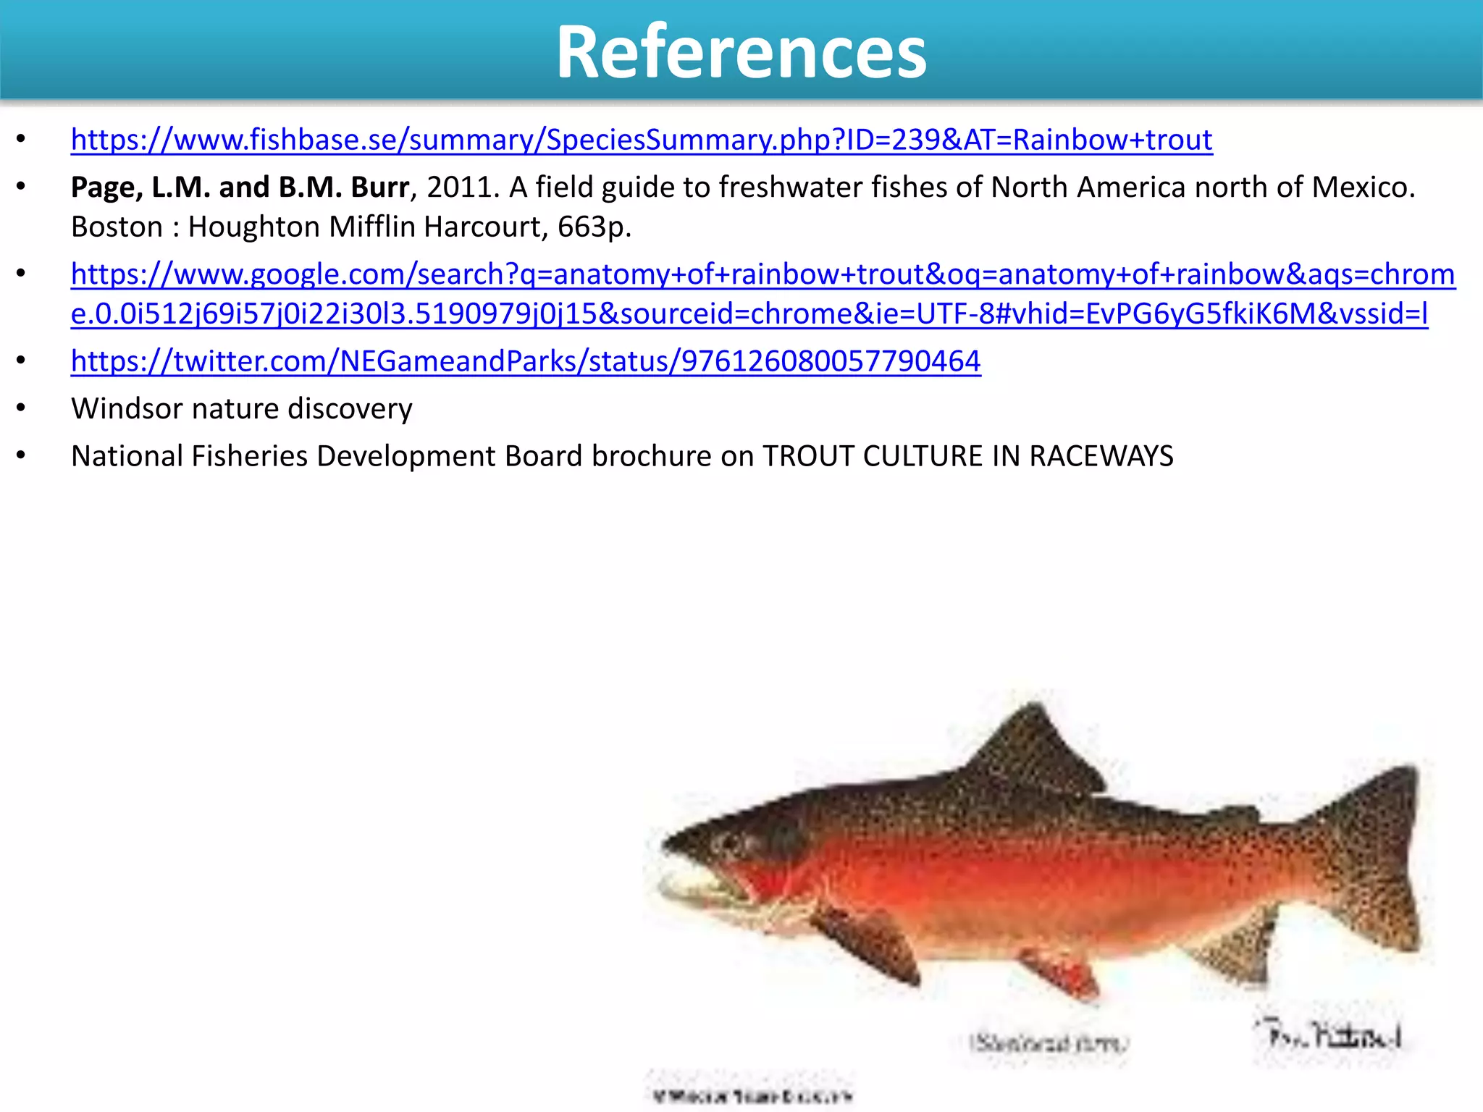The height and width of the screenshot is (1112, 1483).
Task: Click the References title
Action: click(x=741, y=52)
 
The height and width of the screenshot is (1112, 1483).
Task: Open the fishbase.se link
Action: click(x=641, y=140)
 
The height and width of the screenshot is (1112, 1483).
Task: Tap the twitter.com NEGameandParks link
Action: click(x=525, y=361)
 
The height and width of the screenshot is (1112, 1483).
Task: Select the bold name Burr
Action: click(x=379, y=188)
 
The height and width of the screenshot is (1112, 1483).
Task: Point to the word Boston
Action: click(x=117, y=227)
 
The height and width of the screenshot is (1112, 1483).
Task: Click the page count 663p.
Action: click(x=594, y=227)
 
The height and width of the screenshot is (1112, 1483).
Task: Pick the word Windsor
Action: click(x=127, y=409)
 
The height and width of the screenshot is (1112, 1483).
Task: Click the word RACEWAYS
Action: click(x=1101, y=456)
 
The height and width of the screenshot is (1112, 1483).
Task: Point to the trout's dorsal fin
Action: click(x=1032, y=753)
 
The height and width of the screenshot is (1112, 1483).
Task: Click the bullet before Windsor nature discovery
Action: click(x=21, y=409)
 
